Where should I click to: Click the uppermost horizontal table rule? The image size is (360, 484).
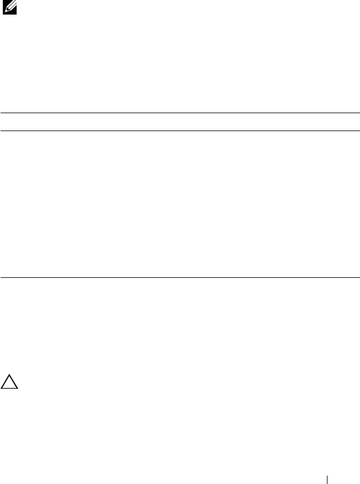[x=180, y=113]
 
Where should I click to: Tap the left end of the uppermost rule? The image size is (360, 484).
[x=1, y=113]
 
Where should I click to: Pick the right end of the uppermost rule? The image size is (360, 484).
[x=359, y=113]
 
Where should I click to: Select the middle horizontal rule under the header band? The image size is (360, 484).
[x=180, y=131]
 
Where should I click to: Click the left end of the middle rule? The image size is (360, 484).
[x=1, y=131]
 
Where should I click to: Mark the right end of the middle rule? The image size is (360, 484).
[x=359, y=131]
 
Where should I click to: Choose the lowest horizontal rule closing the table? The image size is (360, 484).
[x=180, y=277]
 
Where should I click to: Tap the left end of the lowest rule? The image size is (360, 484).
[x=1, y=277]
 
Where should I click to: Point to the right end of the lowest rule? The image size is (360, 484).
[x=359, y=277]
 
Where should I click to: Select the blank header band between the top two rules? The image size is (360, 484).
[x=180, y=122]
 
